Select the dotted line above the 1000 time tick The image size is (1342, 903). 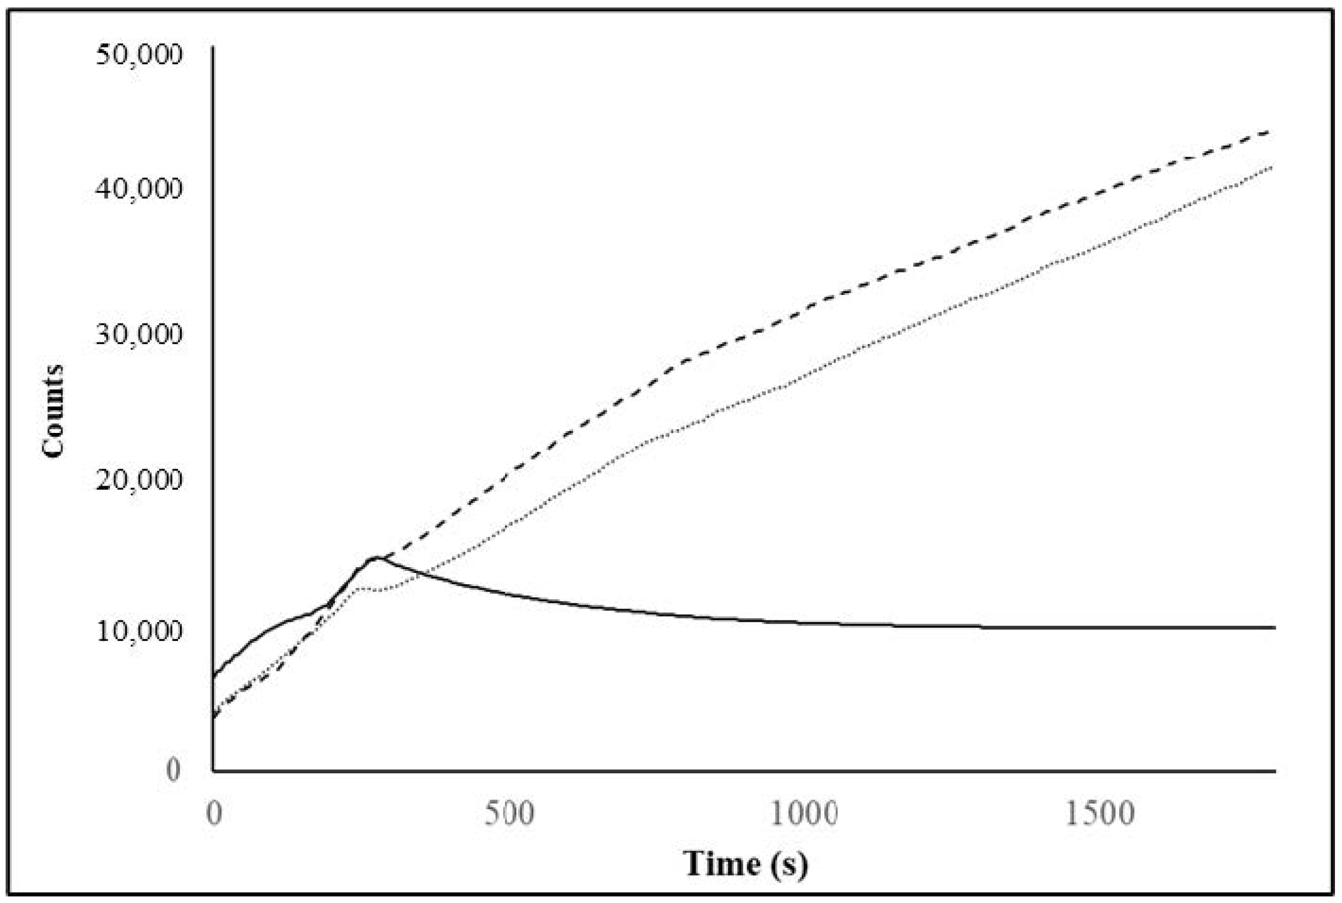(x=804, y=374)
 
